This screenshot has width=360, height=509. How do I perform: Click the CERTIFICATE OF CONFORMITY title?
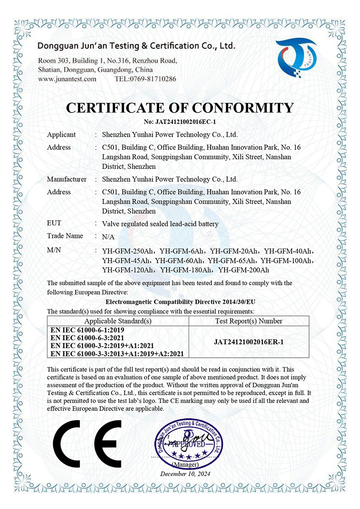(x=180, y=108)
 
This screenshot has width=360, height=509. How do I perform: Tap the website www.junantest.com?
(x=67, y=79)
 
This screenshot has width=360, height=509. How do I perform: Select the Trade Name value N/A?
(x=108, y=237)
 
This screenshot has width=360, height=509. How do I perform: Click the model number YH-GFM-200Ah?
(x=243, y=270)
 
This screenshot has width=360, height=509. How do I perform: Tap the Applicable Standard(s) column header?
(x=118, y=321)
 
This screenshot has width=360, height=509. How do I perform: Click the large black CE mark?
(x=87, y=446)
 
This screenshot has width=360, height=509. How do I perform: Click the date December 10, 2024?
(x=185, y=474)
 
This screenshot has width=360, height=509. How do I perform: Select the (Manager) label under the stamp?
(x=184, y=464)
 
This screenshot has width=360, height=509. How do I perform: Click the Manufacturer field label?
(x=67, y=179)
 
